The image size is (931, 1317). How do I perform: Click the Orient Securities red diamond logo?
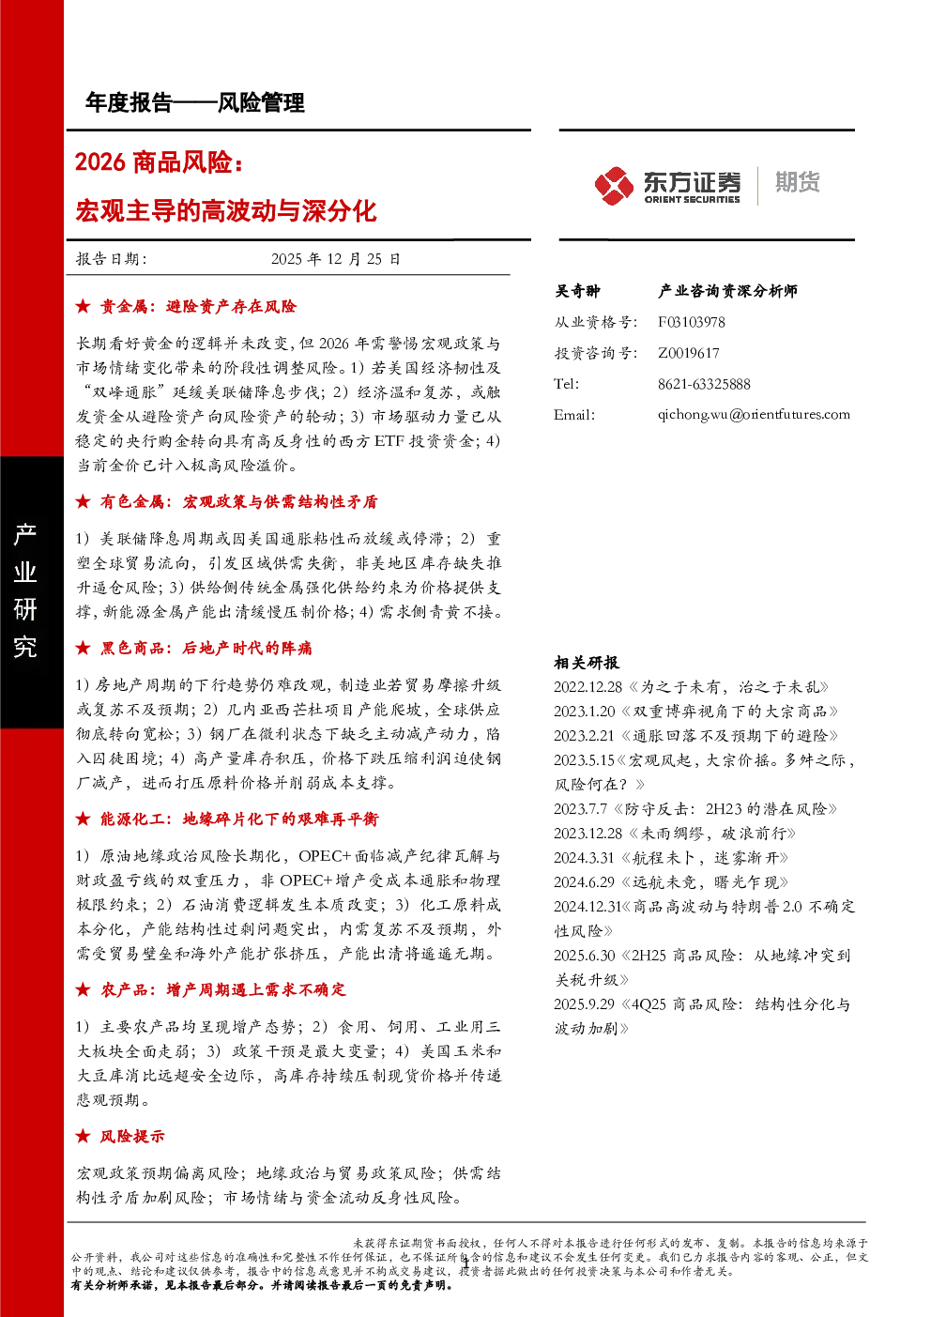(614, 186)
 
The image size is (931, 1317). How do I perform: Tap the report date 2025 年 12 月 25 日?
(336, 259)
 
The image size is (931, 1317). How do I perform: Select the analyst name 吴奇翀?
(577, 291)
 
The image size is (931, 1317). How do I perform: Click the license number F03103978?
(691, 322)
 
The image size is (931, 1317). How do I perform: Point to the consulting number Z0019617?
(688, 353)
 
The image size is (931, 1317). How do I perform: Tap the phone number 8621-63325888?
(704, 385)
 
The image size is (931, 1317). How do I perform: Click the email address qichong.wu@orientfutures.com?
(754, 415)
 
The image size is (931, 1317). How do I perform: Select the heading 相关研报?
(586, 663)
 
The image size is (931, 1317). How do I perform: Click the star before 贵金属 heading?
(83, 306)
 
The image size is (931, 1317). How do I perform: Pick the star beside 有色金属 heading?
(83, 501)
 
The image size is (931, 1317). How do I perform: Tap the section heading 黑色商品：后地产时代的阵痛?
(206, 648)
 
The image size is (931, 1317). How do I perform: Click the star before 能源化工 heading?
(83, 819)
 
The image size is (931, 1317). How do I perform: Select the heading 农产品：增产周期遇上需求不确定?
(223, 989)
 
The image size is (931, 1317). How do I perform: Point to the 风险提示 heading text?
(132, 1136)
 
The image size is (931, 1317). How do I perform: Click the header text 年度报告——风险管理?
(195, 103)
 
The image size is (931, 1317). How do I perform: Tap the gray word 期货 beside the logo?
(797, 182)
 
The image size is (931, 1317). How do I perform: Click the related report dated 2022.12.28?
(691, 687)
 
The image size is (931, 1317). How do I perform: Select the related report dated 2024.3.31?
(671, 858)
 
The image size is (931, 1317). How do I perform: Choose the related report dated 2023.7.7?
(695, 809)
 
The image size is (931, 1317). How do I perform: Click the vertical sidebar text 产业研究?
(25, 590)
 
